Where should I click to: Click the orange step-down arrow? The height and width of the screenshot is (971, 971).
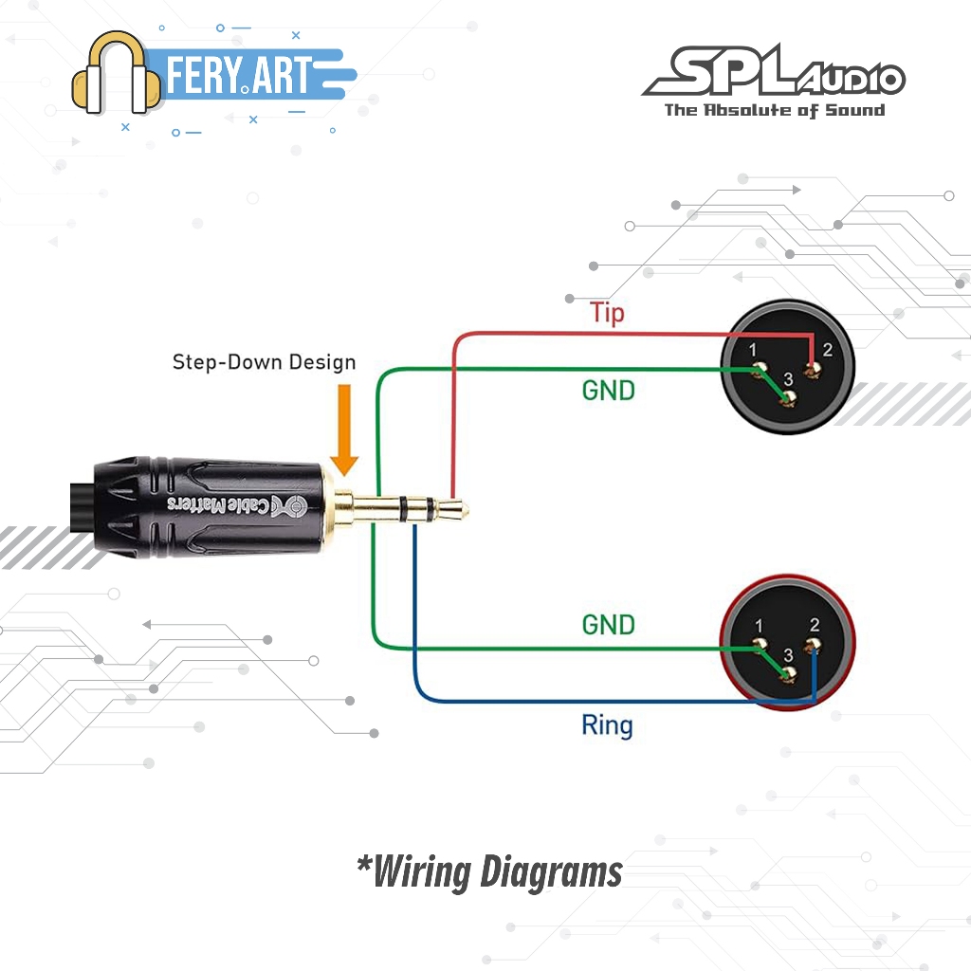[x=344, y=427]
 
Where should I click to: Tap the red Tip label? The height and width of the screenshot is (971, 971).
[x=607, y=312]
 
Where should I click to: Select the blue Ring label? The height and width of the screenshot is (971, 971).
[x=607, y=726]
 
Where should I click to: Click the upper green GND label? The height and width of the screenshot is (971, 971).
[x=608, y=389]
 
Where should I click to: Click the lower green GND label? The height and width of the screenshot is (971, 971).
[x=608, y=625]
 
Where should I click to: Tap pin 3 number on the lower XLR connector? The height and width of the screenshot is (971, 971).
[x=788, y=655]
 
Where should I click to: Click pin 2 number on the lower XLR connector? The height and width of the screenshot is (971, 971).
[x=815, y=625]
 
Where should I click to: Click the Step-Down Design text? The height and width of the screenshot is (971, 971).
[x=264, y=362]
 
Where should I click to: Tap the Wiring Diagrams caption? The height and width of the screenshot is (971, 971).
[x=489, y=870]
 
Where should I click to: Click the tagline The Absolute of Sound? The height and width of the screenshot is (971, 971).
[x=774, y=110]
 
